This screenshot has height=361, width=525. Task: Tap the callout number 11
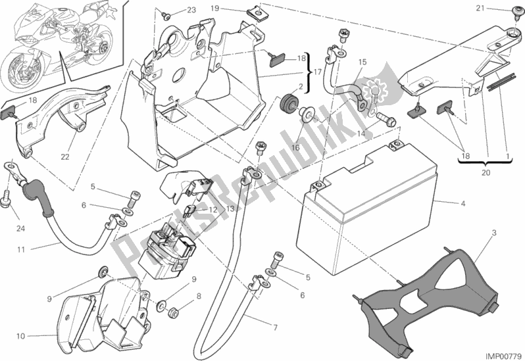pyautogui.click(x=20, y=249)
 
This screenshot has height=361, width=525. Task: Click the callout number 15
pyautogui.click(x=361, y=62)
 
